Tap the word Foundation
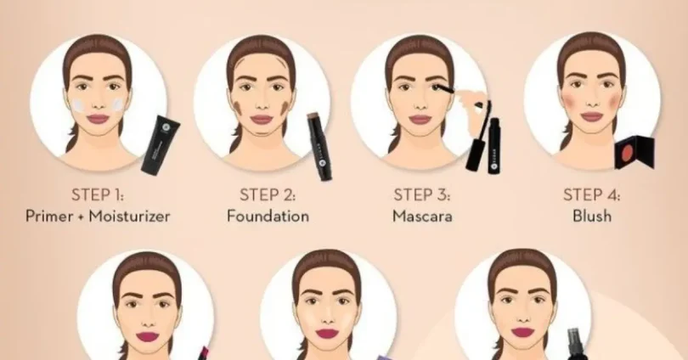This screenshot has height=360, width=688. (x=268, y=216)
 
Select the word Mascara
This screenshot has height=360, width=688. (x=422, y=216)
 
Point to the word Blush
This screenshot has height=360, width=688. (x=592, y=216)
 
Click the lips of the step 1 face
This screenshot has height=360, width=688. (x=98, y=118)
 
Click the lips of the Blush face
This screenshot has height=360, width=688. (x=591, y=116)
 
